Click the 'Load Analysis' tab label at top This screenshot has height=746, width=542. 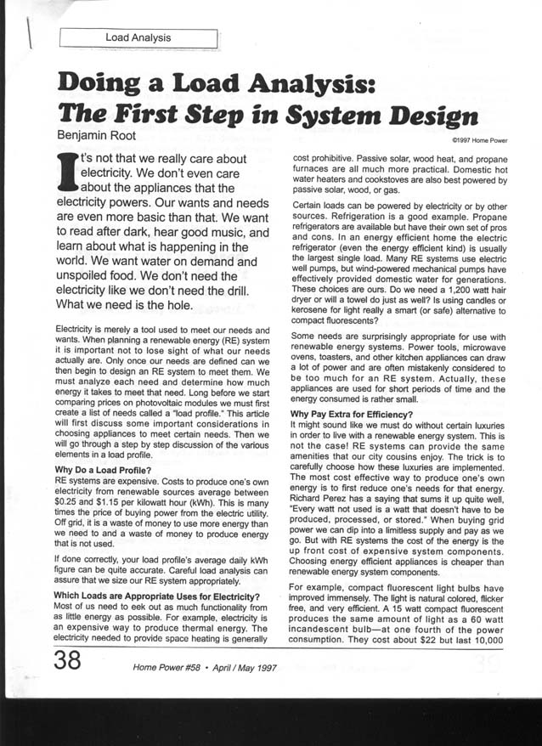[x=138, y=37]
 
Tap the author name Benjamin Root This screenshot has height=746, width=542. [x=104, y=134]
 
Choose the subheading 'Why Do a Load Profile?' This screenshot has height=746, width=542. [x=104, y=469]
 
